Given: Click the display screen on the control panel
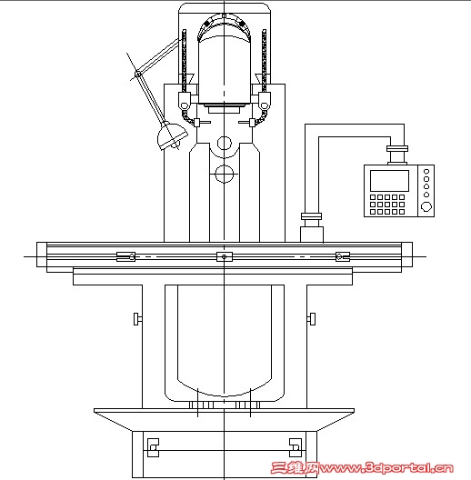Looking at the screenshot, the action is (389, 181).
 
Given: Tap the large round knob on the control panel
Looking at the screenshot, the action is (426, 206).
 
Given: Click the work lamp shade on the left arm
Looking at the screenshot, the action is (172, 136).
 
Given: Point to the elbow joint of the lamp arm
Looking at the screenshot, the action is (137, 74).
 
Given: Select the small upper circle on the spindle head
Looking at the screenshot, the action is (225, 143).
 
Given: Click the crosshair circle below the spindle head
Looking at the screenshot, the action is (225, 174).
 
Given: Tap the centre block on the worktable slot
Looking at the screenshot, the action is (225, 256).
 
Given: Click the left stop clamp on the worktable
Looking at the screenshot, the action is (125, 256).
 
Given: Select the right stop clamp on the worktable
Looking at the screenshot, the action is (343, 256).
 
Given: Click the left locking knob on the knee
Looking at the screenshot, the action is (137, 319).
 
